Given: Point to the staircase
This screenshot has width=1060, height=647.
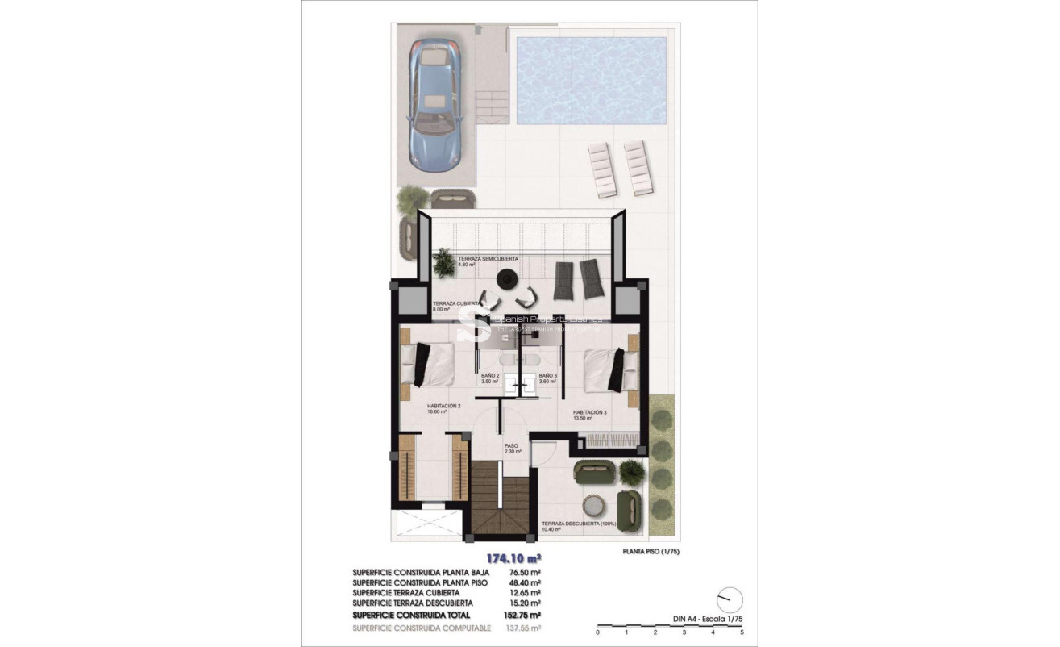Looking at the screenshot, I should (500, 501).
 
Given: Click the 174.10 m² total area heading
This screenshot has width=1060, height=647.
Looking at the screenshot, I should (512, 557).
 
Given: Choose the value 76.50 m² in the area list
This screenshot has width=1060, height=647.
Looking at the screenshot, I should (523, 572).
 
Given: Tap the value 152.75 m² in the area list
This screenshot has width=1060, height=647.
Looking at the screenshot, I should (523, 614).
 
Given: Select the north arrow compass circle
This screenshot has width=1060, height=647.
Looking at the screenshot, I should (730, 599).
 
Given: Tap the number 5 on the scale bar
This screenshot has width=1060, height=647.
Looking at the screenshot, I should (741, 632).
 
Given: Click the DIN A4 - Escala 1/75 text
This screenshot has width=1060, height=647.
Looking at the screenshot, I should (708, 619).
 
